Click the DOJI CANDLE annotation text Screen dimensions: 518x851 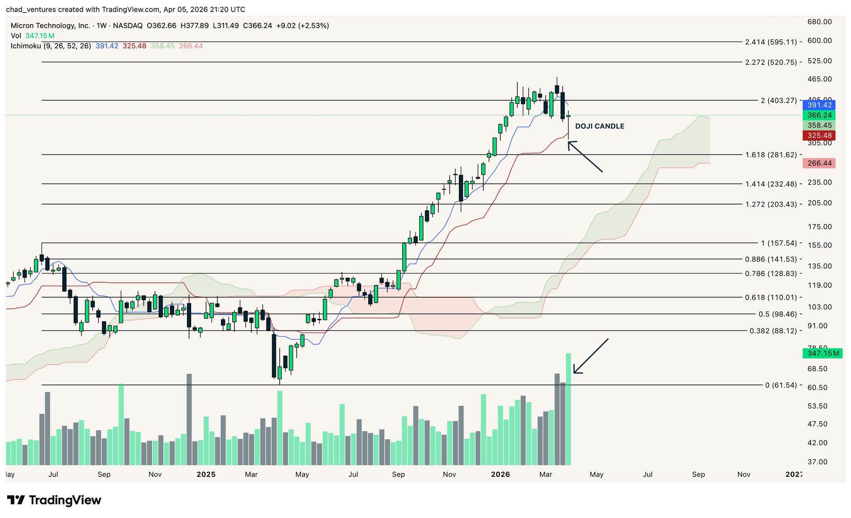coord(599,126)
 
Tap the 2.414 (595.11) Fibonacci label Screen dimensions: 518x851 coord(771,42)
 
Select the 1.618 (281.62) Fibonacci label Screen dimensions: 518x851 coord(771,155)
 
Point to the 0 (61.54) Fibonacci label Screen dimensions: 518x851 coord(781,385)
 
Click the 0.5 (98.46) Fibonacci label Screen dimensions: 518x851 coord(777,314)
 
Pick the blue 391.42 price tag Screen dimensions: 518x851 coord(819,105)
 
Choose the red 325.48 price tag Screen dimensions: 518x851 coord(819,136)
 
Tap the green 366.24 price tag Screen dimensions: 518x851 coord(819,115)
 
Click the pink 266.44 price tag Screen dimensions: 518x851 coord(819,163)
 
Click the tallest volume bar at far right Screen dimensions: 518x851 coord(568,409)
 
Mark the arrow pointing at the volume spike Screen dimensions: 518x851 coord(590,356)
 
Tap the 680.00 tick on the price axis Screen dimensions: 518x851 coord(819,22)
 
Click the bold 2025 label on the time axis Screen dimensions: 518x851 coord(206,474)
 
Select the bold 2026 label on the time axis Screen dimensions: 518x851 coord(500,474)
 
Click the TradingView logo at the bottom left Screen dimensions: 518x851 coord(54,500)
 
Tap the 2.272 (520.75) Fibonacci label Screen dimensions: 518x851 coord(771,62)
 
